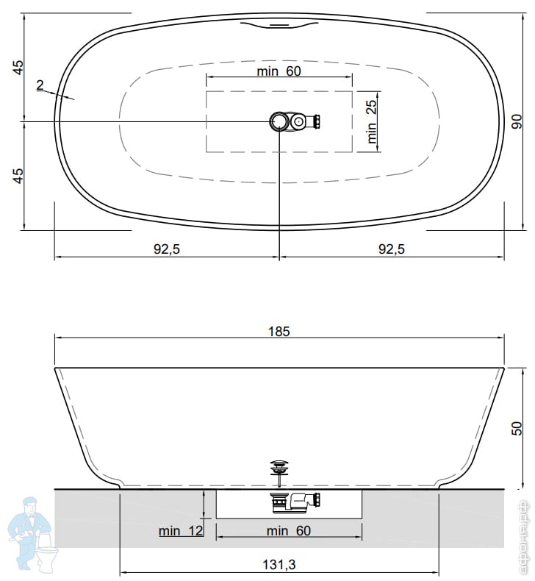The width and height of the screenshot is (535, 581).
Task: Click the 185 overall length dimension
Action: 279,331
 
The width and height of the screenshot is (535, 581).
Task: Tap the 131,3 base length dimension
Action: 279,565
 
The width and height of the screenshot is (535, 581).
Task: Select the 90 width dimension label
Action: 517,121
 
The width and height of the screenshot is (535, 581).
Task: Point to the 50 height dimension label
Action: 517,428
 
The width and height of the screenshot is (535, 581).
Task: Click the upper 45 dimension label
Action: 18,67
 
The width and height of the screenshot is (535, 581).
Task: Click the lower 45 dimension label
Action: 18,176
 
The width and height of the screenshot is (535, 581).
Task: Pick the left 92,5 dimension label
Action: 167,249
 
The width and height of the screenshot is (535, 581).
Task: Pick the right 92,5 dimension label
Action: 392,249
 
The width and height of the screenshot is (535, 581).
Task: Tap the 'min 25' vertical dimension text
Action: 371,121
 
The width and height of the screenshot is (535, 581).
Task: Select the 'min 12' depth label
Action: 181,531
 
